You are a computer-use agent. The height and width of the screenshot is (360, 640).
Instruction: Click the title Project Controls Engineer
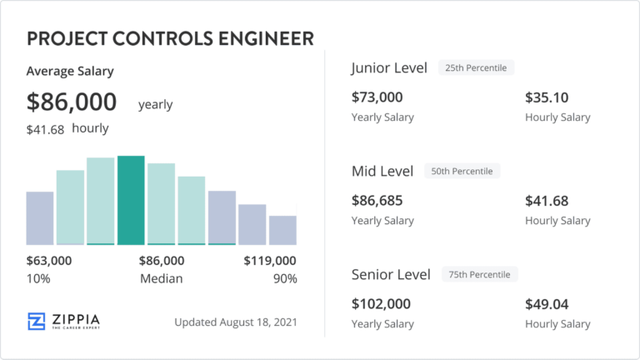(170, 38)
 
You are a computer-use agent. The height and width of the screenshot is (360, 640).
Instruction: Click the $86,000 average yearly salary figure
(72, 102)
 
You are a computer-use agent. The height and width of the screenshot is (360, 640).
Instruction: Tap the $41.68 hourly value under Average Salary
(47, 128)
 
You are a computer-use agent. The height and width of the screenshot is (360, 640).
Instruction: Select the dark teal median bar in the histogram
(131, 200)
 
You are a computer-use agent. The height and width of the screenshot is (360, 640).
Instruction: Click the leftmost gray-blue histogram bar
(40, 217)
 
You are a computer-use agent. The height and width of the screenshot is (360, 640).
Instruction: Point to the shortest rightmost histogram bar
(282, 229)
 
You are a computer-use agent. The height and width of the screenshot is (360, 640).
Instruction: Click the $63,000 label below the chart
(49, 261)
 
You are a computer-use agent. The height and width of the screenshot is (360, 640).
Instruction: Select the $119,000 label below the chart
(270, 261)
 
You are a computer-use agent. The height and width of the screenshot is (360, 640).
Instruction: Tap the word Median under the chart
(161, 278)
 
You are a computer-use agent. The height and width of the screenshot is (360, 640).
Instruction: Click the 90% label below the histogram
(285, 278)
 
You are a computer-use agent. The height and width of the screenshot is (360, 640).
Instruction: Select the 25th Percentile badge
(477, 67)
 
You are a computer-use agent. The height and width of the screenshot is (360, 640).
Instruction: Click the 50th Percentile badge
(462, 171)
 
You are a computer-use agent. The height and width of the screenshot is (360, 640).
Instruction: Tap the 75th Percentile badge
(479, 274)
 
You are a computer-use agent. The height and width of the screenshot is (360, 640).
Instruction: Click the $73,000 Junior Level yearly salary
(377, 97)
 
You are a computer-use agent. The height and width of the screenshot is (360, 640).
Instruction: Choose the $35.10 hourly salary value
(547, 97)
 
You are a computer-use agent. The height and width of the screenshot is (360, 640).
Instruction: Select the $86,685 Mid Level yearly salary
(377, 201)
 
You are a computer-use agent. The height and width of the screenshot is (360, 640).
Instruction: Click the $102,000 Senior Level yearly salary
(381, 304)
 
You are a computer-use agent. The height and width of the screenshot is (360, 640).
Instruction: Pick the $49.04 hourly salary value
(547, 304)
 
